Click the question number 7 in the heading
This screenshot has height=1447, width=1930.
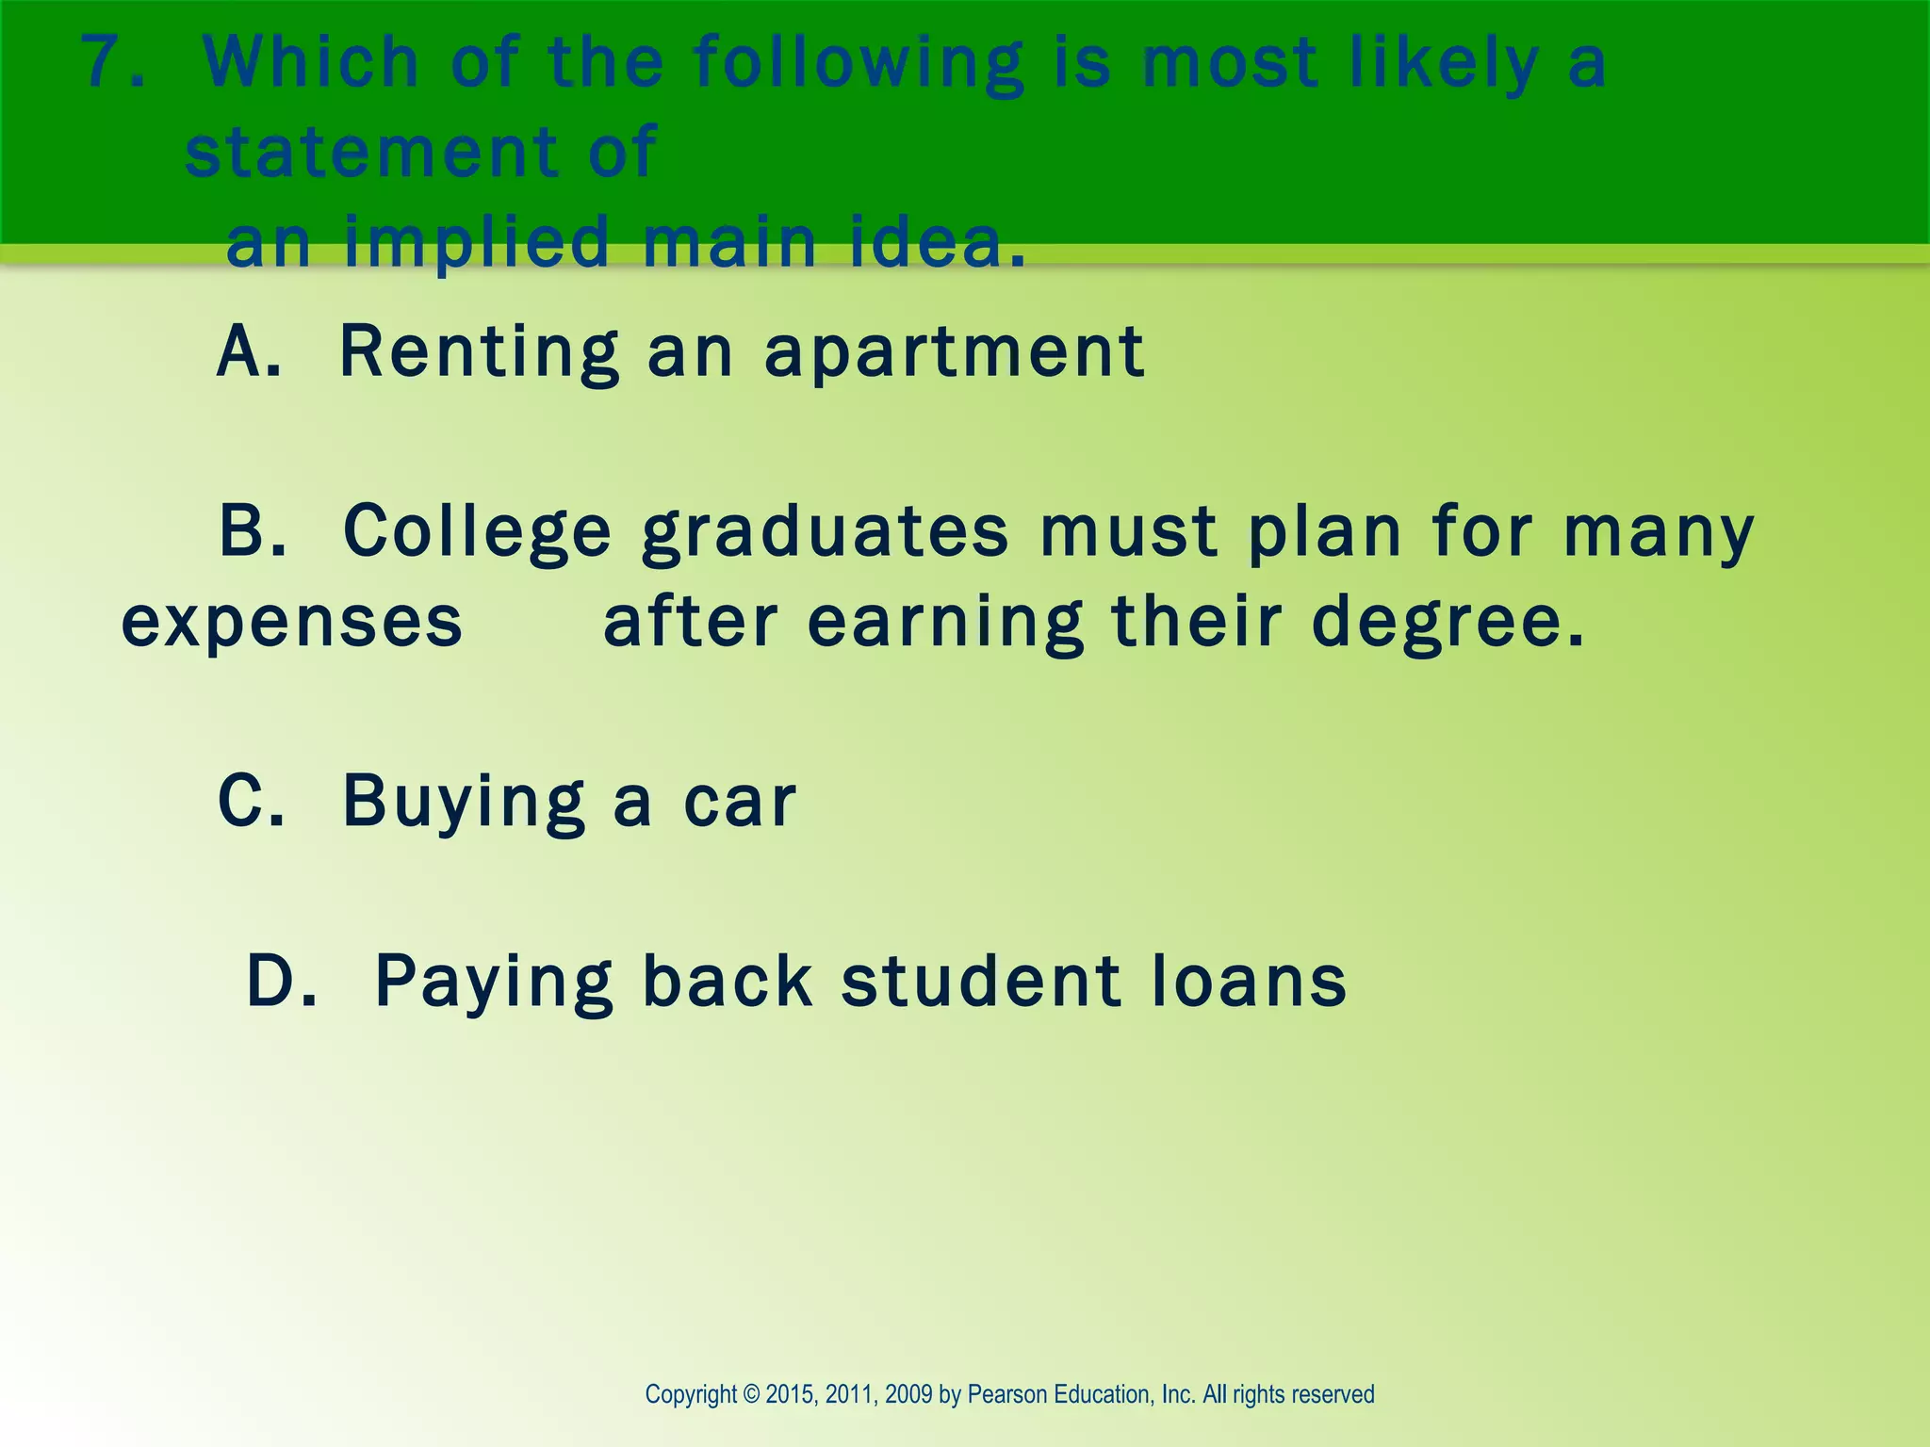106,62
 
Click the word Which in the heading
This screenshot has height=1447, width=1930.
310,62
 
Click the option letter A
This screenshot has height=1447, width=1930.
246,351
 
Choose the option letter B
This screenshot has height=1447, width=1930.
251,531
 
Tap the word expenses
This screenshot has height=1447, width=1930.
292,623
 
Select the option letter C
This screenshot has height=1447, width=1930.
249,802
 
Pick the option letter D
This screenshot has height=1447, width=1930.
279,981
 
